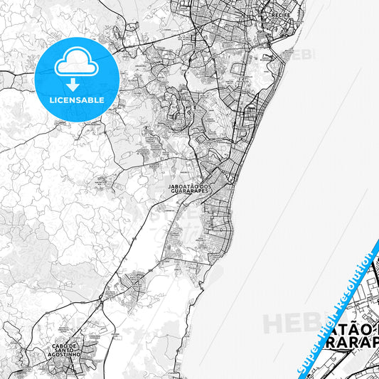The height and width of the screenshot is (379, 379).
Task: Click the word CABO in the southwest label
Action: [60, 346]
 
